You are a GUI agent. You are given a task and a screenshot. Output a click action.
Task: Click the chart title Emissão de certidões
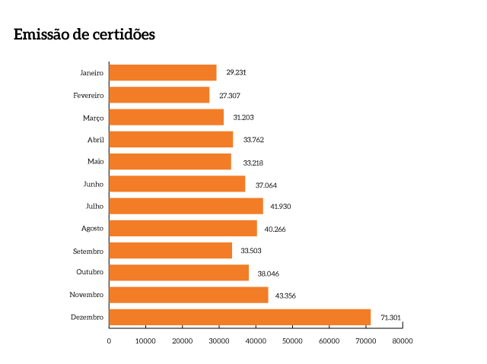84,35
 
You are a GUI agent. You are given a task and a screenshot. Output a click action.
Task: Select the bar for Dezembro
240,317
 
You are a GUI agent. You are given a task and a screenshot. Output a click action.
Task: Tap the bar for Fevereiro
159,95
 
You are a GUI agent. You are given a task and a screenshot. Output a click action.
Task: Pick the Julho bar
186,206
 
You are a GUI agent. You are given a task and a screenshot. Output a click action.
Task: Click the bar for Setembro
170,251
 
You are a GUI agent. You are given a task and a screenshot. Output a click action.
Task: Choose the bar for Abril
171,139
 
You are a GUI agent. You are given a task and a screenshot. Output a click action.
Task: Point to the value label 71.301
390,317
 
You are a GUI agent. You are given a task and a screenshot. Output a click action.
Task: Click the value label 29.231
236,73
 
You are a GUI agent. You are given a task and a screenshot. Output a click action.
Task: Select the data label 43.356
287,295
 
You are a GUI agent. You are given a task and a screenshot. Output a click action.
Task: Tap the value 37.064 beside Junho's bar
264,184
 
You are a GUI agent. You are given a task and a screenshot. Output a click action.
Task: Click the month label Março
94,118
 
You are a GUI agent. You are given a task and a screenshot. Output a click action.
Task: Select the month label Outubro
90,272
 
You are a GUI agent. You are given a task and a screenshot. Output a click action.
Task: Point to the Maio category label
96,162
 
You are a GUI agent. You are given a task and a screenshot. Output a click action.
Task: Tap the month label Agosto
92,228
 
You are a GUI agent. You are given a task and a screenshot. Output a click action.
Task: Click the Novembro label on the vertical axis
87,295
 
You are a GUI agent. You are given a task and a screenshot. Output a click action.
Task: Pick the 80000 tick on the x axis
402,341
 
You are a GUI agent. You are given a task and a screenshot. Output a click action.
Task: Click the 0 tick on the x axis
109,341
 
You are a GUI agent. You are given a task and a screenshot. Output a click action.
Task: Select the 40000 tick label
256,341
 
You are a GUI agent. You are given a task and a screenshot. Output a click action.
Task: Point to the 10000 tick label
145,341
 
